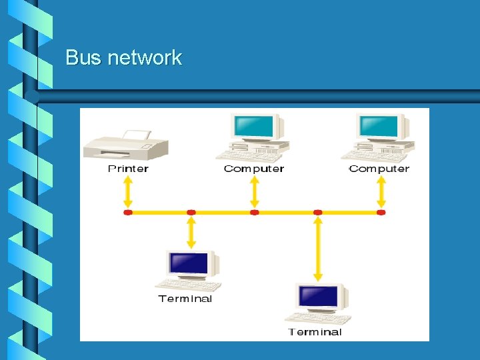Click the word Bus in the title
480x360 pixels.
point(83,58)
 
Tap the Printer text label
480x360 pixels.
point(128,169)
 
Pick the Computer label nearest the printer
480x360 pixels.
point(254,169)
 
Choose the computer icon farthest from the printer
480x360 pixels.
point(379,137)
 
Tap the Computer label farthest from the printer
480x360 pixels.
point(379,169)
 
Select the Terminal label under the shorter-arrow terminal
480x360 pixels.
point(185,299)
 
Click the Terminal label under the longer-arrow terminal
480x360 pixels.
point(315,332)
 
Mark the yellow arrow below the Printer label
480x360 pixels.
point(128,194)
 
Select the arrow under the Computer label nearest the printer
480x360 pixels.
point(254,194)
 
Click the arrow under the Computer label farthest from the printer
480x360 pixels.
point(381,194)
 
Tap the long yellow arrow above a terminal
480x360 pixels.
point(318,247)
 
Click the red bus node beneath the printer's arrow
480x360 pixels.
point(128,213)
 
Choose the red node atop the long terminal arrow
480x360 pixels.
point(318,213)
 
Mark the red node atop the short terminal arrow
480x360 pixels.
point(191,213)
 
